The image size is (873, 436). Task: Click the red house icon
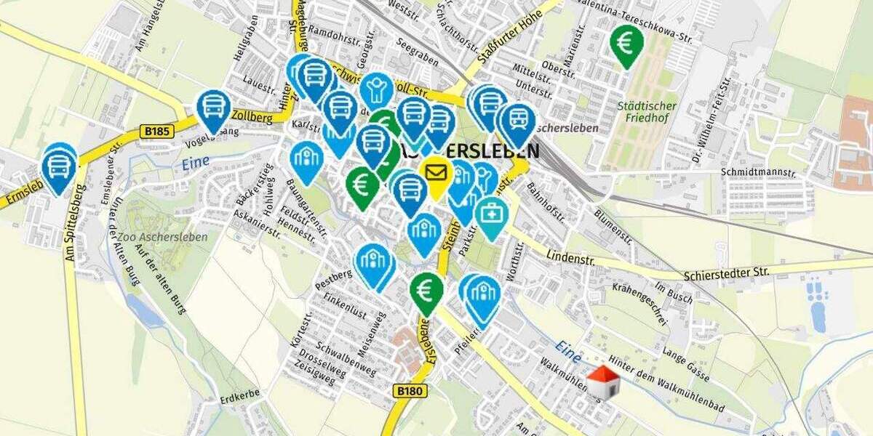(603, 382)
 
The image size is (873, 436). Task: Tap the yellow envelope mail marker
(436, 174)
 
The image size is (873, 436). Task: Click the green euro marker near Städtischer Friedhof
(626, 44)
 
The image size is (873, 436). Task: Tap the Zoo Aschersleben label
(167, 237)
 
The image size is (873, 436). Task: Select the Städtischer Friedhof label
(647, 113)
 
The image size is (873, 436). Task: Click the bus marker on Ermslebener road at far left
(59, 166)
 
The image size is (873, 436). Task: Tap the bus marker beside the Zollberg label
(214, 108)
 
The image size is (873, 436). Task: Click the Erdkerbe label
(239, 400)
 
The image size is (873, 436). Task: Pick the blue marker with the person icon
(376, 90)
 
